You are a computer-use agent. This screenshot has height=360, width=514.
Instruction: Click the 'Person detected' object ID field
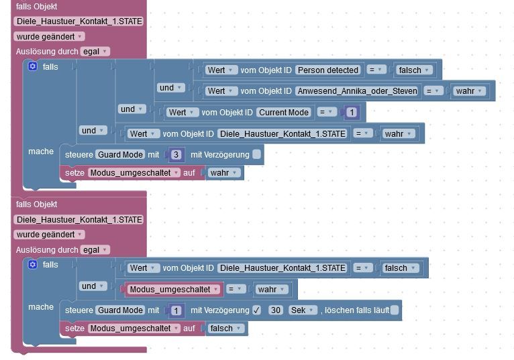coord(328,70)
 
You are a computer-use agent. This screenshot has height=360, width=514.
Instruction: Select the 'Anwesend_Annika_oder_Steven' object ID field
coord(357,91)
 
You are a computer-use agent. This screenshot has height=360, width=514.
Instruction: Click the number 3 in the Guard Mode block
coord(176,155)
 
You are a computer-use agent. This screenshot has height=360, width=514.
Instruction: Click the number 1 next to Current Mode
coord(352,112)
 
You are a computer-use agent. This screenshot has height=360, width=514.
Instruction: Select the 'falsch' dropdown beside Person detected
coord(415,70)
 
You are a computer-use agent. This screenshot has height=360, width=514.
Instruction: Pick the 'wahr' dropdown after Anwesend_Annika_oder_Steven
coord(470,91)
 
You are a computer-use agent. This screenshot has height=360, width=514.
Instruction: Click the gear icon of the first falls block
coord(32,66)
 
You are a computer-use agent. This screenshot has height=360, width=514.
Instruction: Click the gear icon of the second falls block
coord(32,264)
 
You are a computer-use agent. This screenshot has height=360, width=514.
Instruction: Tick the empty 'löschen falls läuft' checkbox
coord(395,310)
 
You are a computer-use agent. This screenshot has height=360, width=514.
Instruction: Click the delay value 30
coord(275,310)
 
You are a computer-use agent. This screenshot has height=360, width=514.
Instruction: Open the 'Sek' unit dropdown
coord(303,310)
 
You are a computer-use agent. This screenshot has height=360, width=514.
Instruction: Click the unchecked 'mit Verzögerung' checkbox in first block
coord(256,155)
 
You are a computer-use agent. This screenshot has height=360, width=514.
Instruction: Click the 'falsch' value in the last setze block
coord(224,328)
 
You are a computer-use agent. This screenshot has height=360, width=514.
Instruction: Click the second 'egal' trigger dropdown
coord(95,249)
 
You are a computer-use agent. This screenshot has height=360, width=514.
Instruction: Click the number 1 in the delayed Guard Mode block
coord(176,310)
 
